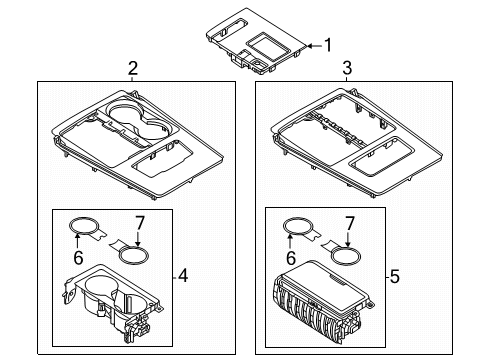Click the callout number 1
(328, 45)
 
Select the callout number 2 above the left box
(133, 68)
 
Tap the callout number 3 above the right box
(347, 68)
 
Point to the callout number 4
(183, 276)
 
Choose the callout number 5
(395, 277)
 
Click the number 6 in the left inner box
(78, 257)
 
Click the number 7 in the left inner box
(139, 223)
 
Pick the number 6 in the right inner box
(291, 258)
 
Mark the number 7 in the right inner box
(349, 224)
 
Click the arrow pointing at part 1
(314, 46)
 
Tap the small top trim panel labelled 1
(257, 40)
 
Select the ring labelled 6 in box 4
(82, 226)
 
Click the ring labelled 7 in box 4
(133, 256)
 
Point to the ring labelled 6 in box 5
(296, 226)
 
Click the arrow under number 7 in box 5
(348, 240)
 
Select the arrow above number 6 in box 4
(77, 241)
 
